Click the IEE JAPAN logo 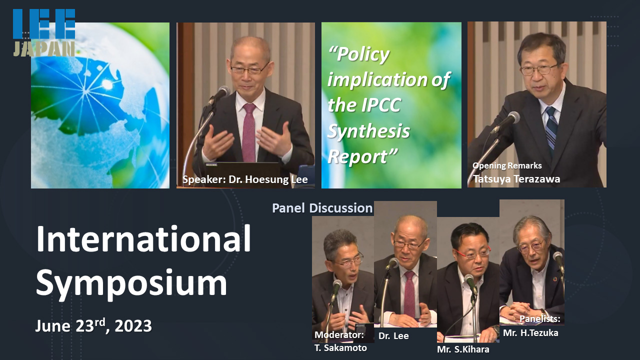tap(44, 32)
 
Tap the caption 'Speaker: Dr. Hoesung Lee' tap(245, 179)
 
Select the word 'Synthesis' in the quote tap(368, 131)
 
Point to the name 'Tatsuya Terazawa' tap(516, 179)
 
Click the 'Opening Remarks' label tap(507, 165)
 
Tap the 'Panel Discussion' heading tap(322, 208)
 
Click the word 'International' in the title tap(143, 239)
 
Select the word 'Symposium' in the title tap(131, 283)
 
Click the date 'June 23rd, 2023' tap(93, 325)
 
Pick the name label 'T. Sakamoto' tap(340, 348)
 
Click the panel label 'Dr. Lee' tap(393, 335)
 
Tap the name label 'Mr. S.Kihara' tap(463, 349)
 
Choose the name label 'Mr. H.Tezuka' tap(530, 333)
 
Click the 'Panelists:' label tap(539, 319)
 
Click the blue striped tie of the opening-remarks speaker tap(551, 127)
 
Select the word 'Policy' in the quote tap(359, 54)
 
